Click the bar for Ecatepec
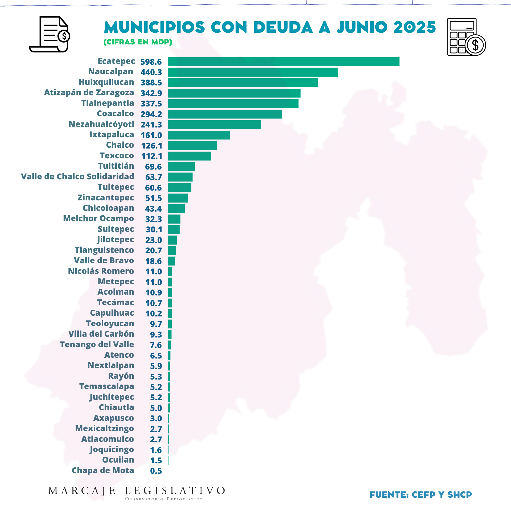click(x=283, y=61)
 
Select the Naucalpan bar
click(x=253, y=72)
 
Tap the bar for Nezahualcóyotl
click(x=215, y=125)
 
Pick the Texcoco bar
click(x=189, y=156)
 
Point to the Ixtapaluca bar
click(x=199, y=135)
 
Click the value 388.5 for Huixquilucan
click(x=151, y=83)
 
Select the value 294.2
click(x=151, y=114)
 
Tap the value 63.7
click(x=154, y=177)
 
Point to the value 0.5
click(x=156, y=471)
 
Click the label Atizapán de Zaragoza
click(x=89, y=93)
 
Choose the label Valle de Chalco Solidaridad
click(x=77, y=176)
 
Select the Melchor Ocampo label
click(x=98, y=219)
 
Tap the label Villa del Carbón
click(x=101, y=334)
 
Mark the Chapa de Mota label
click(x=103, y=470)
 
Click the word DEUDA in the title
click(x=283, y=27)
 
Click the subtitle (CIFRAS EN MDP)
click(x=138, y=42)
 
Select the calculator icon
click(x=466, y=37)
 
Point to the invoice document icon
click(x=50, y=34)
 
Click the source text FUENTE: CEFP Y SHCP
click(x=421, y=494)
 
